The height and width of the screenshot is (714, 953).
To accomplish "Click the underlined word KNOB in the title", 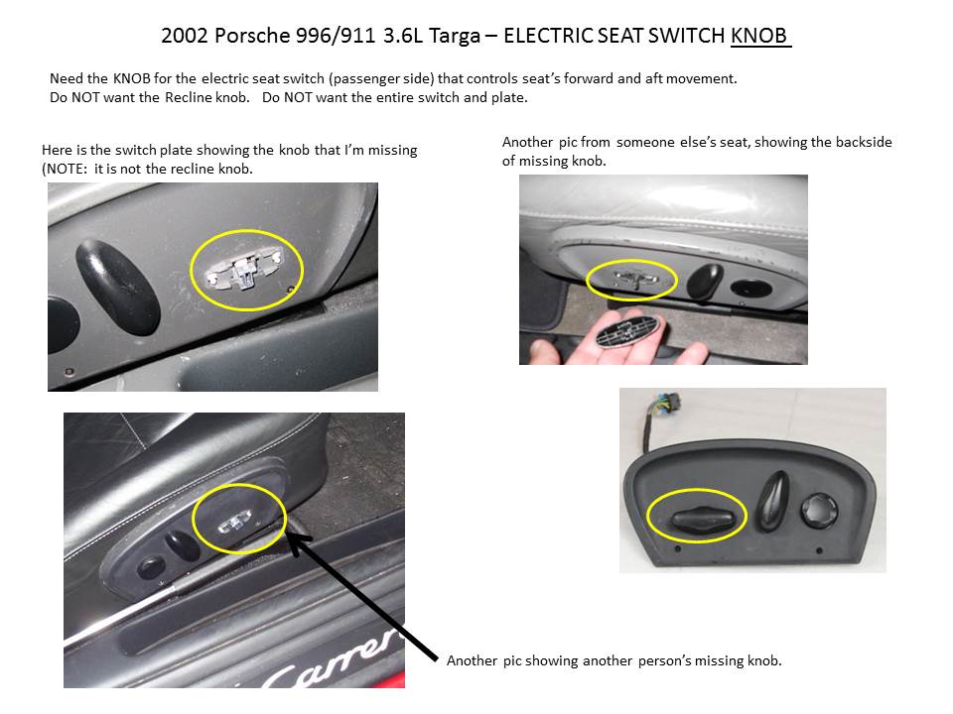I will click(758, 37).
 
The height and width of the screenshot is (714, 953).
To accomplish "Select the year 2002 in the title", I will click(184, 37).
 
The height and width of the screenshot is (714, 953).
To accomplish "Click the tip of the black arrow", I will click(289, 536).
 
